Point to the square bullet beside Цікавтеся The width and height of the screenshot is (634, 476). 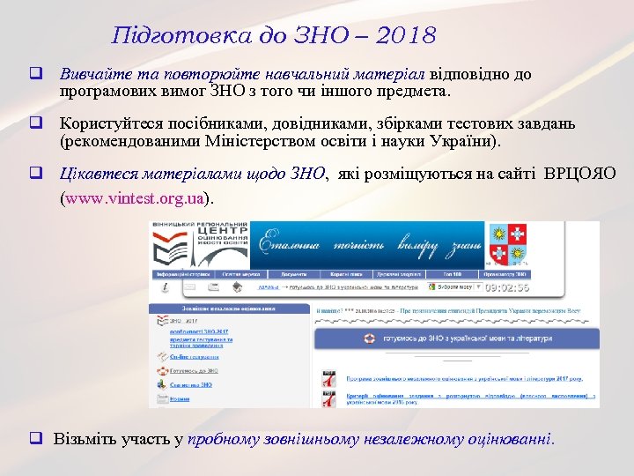click(39, 174)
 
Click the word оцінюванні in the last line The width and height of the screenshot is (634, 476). click(506, 438)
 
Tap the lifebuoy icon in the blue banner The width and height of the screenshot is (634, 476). click(369, 338)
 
